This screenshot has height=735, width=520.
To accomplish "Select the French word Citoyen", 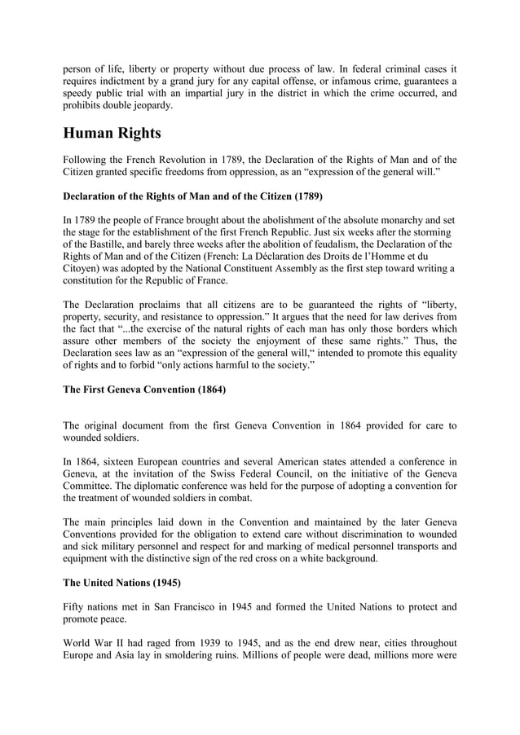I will click(x=82, y=268).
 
